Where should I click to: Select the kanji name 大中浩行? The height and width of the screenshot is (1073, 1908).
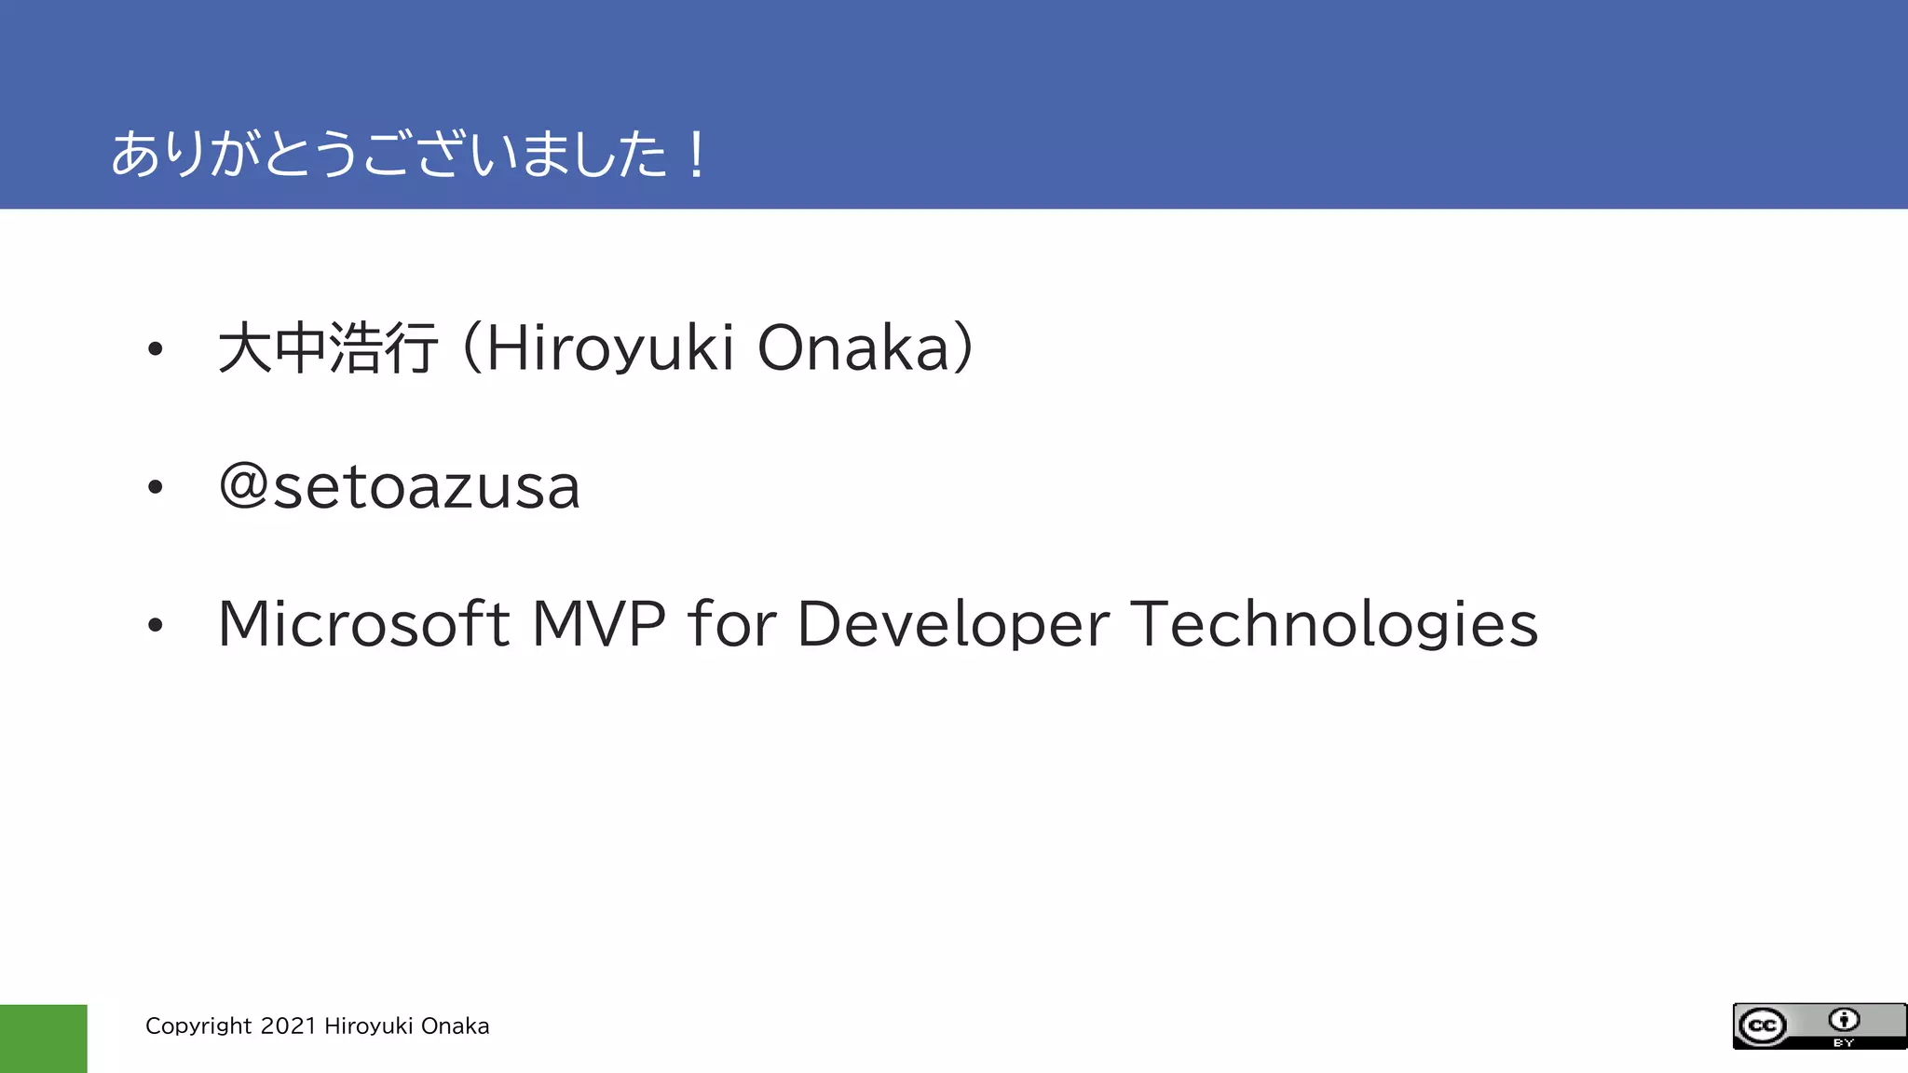click(327, 347)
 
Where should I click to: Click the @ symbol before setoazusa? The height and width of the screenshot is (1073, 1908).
click(243, 486)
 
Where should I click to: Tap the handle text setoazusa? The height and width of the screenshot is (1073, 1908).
click(427, 487)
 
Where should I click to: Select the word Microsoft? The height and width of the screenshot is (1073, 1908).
click(363, 623)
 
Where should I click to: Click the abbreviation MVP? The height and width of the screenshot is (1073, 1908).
click(598, 623)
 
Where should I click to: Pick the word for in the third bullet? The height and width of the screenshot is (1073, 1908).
click(731, 623)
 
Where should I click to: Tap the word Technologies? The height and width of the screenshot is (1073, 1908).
click(1333, 623)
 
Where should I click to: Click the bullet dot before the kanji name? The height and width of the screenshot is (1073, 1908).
click(155, 350)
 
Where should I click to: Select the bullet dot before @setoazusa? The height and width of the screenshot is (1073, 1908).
click(155, 487)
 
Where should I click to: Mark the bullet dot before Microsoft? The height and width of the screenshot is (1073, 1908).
click(155, 625)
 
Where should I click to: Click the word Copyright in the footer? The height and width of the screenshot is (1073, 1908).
click(198, 1026)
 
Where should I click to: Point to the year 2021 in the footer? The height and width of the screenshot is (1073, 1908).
click(288, 1025)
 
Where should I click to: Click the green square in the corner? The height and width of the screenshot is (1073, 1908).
click(43, 1039)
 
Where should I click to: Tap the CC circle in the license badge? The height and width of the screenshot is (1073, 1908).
click(1762, 1026)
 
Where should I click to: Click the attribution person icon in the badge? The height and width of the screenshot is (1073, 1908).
click(1843, 1019)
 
